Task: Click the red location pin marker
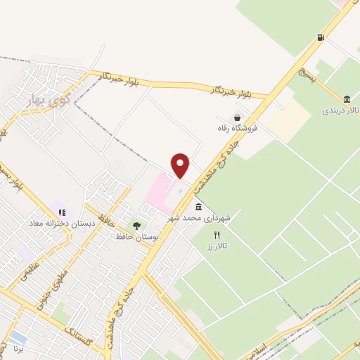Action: [181, 165]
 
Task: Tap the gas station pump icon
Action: [321, 38]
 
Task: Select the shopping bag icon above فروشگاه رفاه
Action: [238, 117]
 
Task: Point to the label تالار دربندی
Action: [340, 110]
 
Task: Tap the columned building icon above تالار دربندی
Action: [347, 98]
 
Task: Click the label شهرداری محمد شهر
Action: [198, 219]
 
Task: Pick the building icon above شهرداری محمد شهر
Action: [198, 207]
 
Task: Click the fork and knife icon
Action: [217, 235]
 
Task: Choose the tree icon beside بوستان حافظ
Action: [136, 226]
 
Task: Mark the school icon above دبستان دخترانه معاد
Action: [62, 212]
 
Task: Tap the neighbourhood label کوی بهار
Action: [34, 98]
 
